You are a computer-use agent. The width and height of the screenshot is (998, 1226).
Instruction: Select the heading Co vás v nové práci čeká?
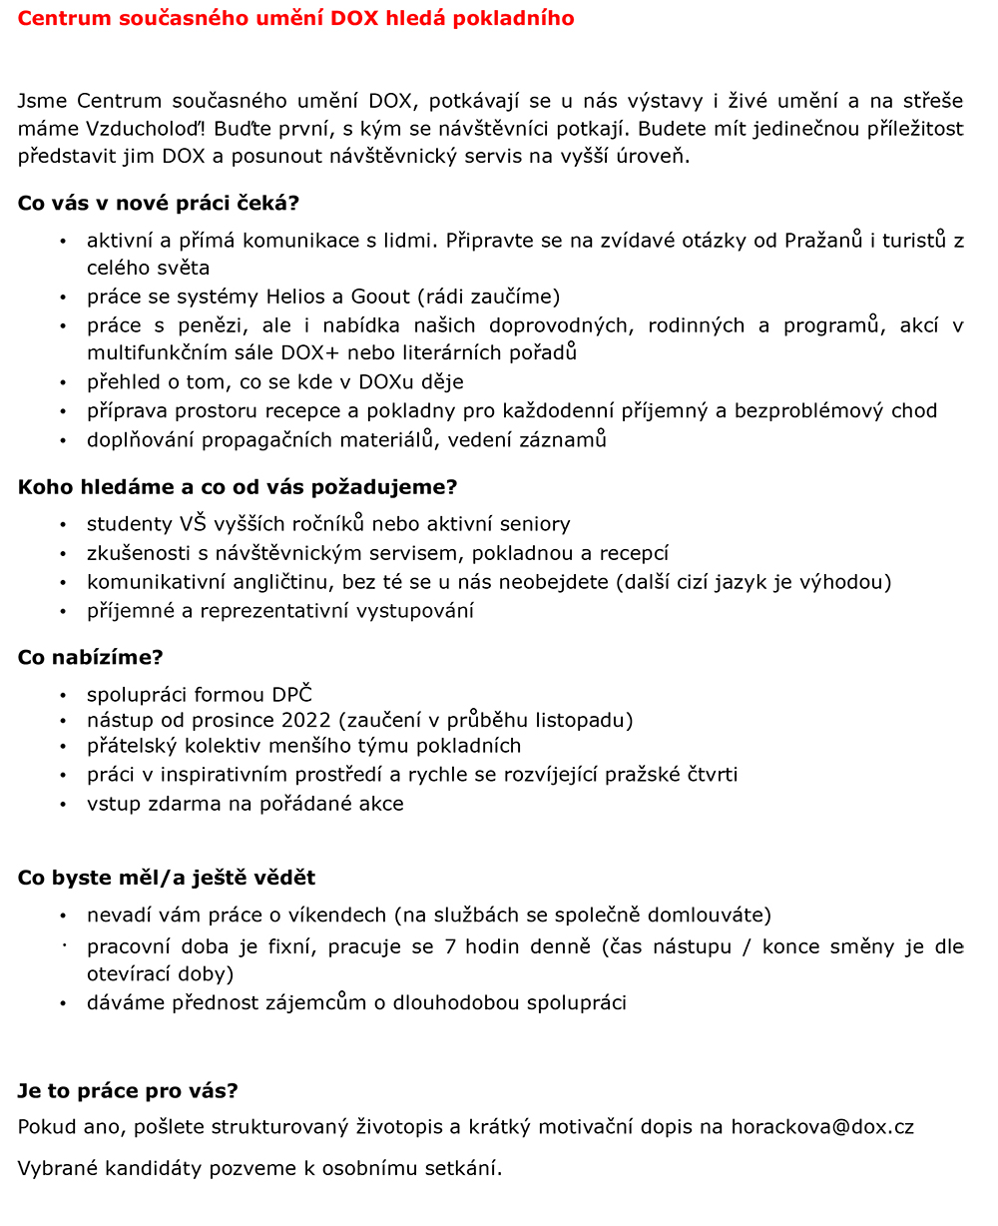pos(159,203)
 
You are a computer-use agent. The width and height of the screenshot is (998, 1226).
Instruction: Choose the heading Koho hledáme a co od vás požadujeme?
pos(238,487)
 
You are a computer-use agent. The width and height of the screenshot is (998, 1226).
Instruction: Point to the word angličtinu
pos(274,582)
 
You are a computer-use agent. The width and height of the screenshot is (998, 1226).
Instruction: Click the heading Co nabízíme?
pos(90,657)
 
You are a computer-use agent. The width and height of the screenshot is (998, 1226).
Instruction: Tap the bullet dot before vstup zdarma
pos(63,805)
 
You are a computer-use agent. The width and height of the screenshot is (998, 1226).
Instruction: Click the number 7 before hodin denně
pos(446,946)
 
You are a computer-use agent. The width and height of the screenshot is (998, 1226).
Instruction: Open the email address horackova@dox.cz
pos(822,1127)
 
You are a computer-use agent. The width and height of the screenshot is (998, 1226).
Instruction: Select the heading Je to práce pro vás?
pos(128,1090)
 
